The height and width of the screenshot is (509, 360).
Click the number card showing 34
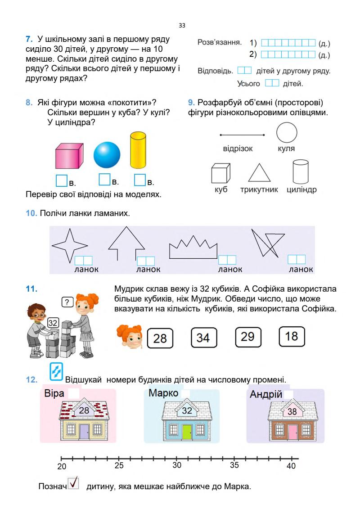203,338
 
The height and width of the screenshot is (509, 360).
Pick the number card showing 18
292,336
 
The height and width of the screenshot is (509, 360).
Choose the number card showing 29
248,336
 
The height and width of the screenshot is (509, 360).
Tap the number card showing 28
160,338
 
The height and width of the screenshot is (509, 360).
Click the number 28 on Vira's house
84,410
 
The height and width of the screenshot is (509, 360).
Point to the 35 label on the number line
234,465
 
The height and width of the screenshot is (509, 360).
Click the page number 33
182,26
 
